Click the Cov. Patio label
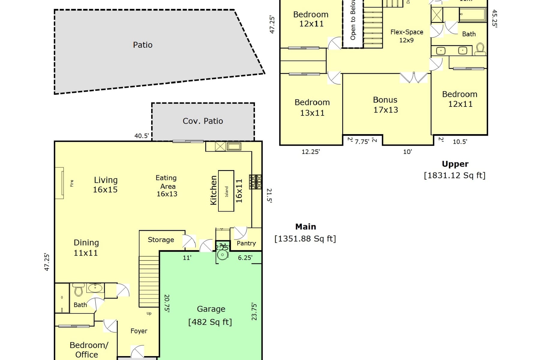click(203, 121)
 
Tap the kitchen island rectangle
click(226, 191)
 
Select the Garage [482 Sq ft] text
click(210, 316)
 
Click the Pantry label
click(246, 243)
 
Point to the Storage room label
click(161, 239)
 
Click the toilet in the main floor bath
click(78, 289)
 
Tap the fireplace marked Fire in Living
click(60, 183)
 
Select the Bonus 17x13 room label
click(385, 105)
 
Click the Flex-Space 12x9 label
click(406, 36)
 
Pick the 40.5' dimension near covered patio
click(141, 136)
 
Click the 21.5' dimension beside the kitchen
click(269, 196)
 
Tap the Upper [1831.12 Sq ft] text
click(454, 169)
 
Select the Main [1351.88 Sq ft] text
click(305, 233)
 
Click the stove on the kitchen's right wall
click(255, 181)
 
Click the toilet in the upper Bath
click(480, 49)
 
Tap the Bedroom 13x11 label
click(312, 107)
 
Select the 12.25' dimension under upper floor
click(310, 151)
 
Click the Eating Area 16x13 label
click(167, 186)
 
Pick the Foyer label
click(139, 331)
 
